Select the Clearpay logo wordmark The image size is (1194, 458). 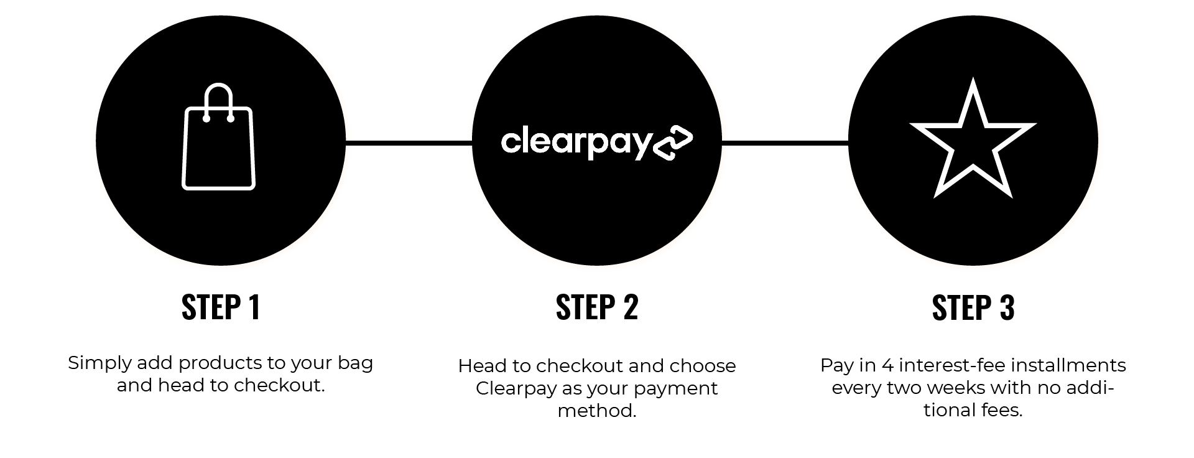tap(576, 143)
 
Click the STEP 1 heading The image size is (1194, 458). tap(221, 307)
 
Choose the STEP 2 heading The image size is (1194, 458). tap(597, 307)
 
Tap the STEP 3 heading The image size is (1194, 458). tap(973, 307)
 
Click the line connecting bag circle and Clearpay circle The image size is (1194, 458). tap(409, 143)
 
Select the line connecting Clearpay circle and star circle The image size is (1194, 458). tap(785, 143)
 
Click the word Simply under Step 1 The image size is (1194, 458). tap(99, 363)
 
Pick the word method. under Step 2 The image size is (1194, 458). tap(597, 411)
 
